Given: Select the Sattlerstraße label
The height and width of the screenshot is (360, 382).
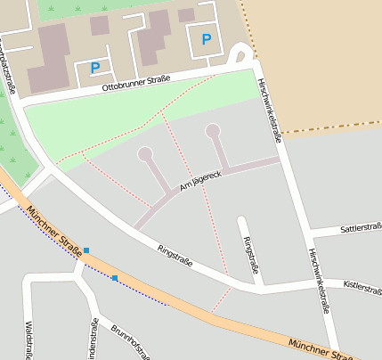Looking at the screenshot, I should [x=358, y=229].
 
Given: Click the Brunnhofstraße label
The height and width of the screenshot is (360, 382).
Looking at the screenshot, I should [x=129, y=341].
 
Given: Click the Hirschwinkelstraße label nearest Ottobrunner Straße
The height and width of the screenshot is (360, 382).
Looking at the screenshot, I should [x=269, y=109].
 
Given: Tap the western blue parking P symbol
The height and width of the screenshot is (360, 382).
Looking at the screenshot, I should [x=95, y=67].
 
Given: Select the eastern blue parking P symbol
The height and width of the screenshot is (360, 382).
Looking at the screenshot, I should [x=207, y=38].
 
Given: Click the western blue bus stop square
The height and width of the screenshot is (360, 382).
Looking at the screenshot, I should [x=85, y=251].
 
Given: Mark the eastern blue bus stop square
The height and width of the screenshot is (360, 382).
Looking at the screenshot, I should [x=115, y=278].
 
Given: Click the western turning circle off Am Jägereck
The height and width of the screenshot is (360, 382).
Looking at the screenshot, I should [x=145, y=154].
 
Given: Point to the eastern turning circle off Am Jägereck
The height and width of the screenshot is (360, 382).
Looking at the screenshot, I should [x=212, y=131].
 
